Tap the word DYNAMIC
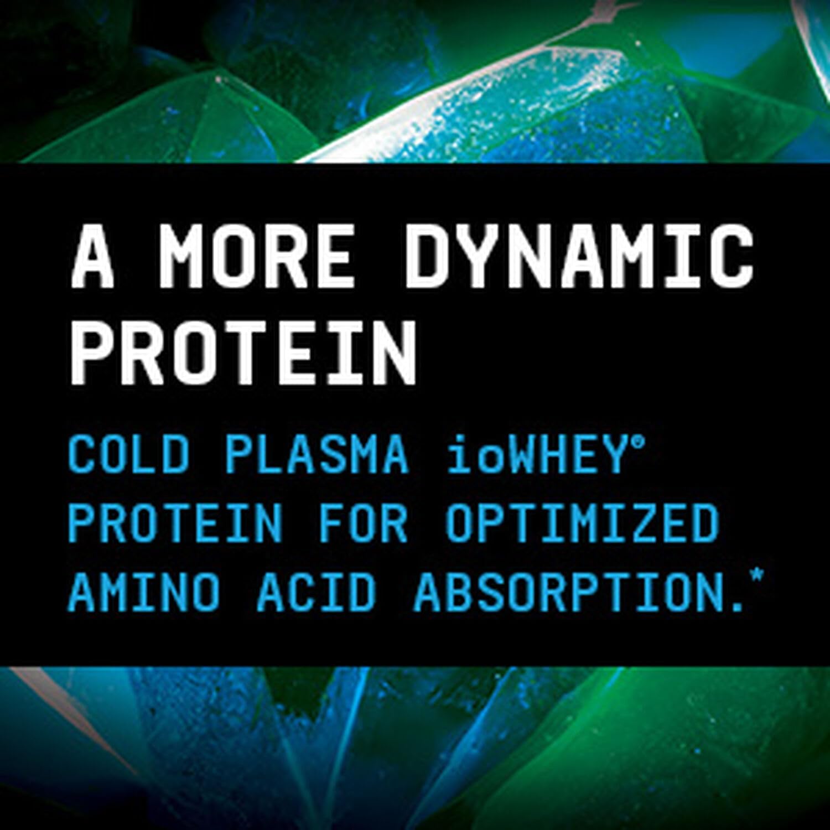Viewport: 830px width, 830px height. click(x=580, y=257)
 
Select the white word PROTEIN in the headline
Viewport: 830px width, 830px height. click(x=243, y=349)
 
